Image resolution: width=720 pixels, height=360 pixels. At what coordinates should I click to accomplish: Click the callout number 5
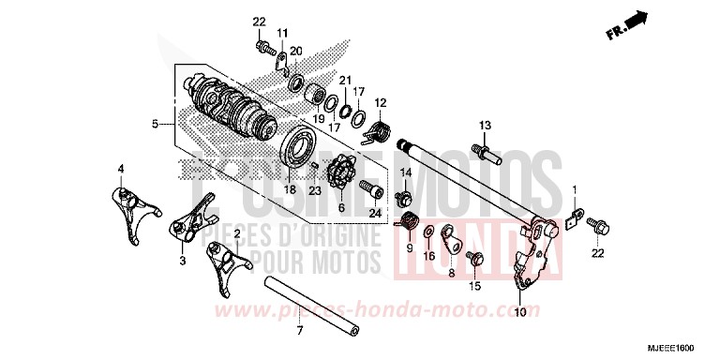tap(156, 123)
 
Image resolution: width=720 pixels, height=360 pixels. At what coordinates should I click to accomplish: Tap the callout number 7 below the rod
tap(299, 332)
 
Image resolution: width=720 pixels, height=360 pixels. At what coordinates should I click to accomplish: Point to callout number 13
tap(486, 125)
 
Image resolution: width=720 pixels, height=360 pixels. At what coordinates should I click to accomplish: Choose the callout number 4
tap(120, 169)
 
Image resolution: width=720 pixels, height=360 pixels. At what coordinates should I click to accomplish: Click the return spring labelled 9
tap(409, 225)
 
